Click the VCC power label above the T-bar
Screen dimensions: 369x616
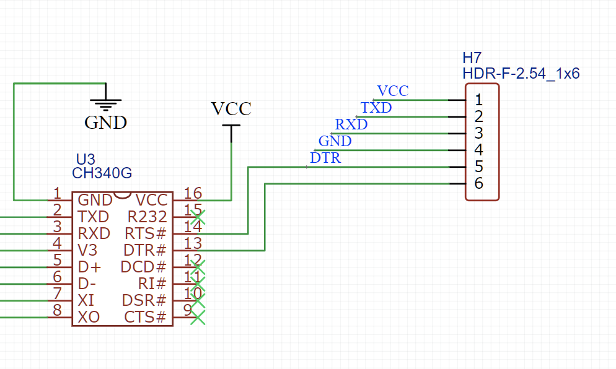(231, 109)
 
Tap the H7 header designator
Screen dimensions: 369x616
(472, 58)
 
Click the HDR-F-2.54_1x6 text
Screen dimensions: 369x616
(521, 74)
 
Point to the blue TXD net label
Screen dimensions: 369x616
(376, 108)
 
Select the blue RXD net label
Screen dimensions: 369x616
(351, 124)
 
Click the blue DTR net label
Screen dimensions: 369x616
(325, 158)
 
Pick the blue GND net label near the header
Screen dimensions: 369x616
(335, 141)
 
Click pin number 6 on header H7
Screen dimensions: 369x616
(478, 183)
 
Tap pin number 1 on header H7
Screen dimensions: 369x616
(478, 100)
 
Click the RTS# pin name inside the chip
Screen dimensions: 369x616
(146, 233)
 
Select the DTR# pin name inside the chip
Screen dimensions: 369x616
(145, 250)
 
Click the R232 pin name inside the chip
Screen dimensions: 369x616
(147, 217)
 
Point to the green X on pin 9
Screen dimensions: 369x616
(197, 318)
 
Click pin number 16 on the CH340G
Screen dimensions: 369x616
(193, 193)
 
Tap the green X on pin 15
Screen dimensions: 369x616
(197, 217)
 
